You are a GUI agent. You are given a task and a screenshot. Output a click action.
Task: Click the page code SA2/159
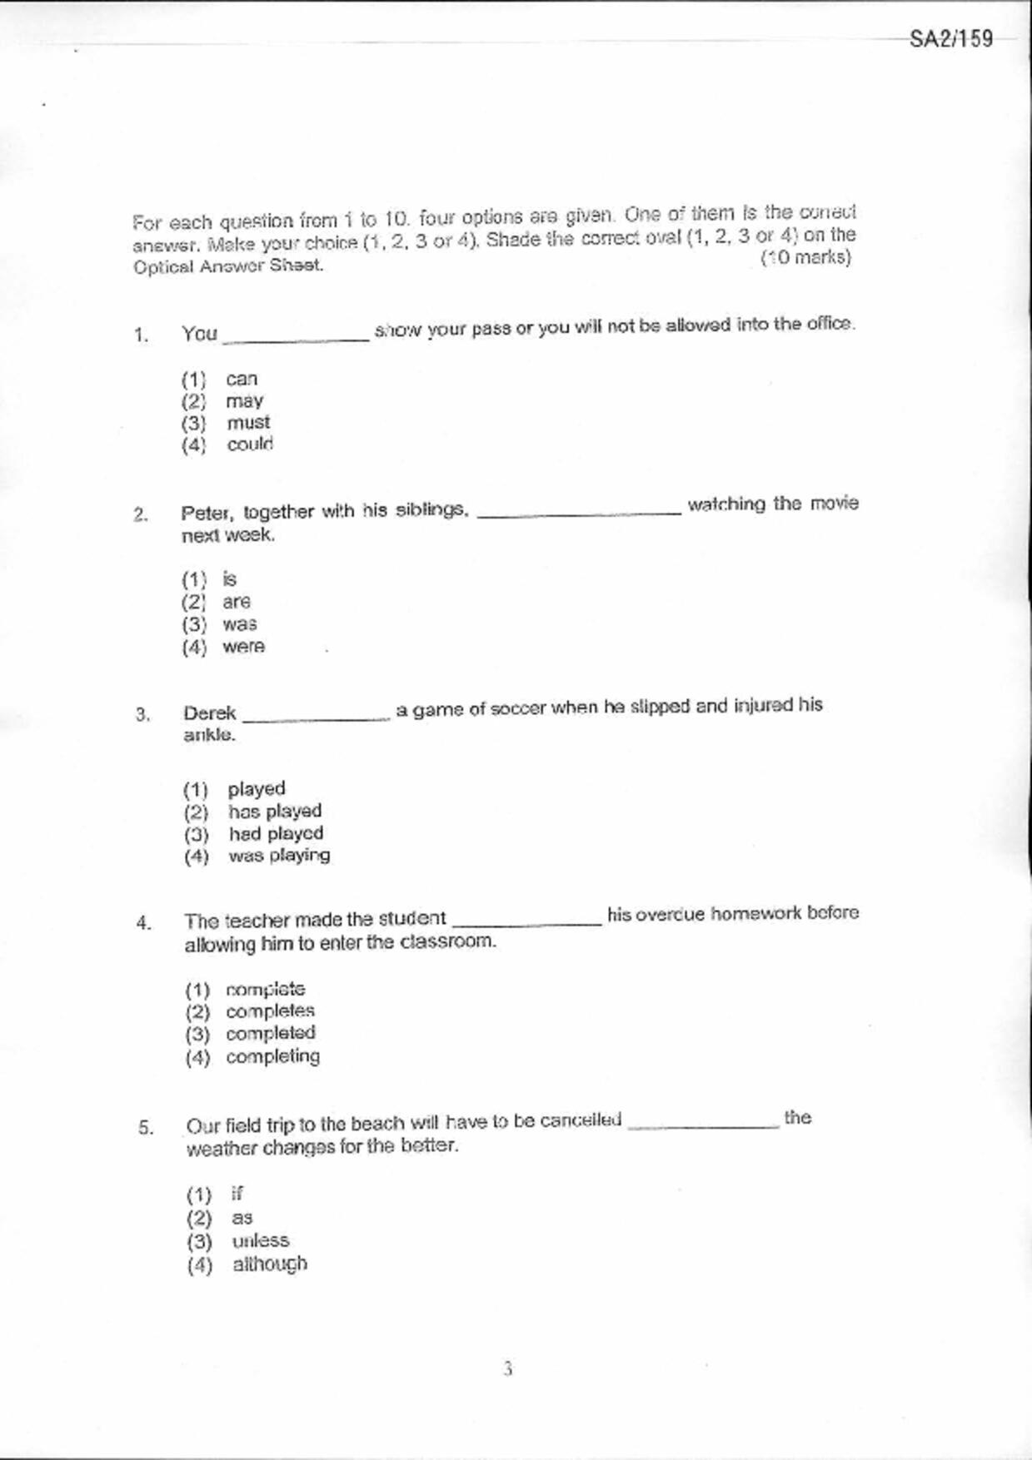point(950,39)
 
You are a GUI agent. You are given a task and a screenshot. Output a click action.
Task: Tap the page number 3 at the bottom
point(508,1368)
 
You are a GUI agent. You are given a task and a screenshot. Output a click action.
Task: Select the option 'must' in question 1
point(248,423)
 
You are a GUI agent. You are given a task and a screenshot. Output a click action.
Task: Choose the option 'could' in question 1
point(250,444)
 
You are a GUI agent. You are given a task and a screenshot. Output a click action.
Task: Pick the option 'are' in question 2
point(236,602)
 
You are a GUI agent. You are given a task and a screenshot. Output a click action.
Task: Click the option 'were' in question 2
point(243,647)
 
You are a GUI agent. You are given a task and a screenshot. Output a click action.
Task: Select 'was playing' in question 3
point(279,856)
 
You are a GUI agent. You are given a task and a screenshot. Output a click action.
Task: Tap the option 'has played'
point(275,811)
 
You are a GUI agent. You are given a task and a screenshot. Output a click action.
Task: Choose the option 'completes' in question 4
point(270,1011)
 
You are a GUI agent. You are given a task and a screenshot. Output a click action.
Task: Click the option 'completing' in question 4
point(272,1056)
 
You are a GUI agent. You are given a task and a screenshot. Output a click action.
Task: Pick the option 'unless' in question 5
point(261,1241)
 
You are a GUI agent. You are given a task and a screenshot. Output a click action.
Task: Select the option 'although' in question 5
point(270,1264)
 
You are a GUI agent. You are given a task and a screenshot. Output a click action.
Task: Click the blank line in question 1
point(296,337)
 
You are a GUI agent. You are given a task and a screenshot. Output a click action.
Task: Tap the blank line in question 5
point(703,1125)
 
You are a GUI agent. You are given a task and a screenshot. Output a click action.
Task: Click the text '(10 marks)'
point(805,258)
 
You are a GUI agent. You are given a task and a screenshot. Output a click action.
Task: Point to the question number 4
point(144,923)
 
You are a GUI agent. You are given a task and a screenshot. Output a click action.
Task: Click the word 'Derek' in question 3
point(210,713)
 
